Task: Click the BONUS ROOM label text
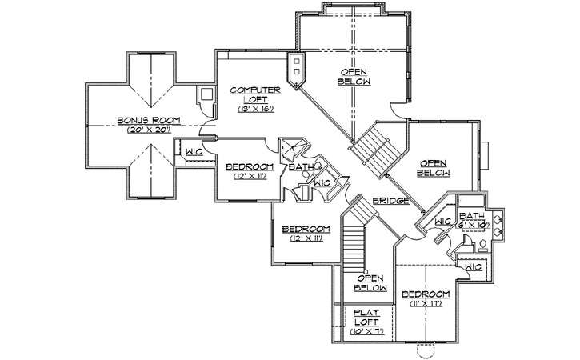(148, 120)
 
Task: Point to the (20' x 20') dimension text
(148, 129)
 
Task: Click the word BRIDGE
(391, 200)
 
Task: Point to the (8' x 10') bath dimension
(473, 226)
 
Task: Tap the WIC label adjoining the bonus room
(193, 151)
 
